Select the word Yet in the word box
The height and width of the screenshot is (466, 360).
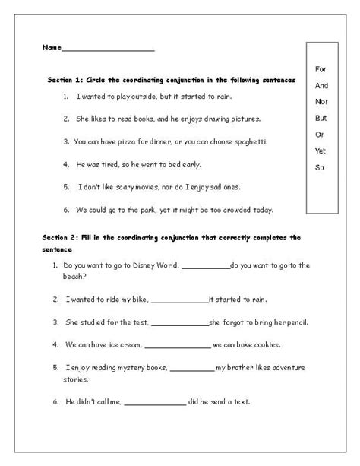(x=320, y=151)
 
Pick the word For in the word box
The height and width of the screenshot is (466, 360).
(x=320, y=70)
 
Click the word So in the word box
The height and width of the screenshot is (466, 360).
(x=319, y=167)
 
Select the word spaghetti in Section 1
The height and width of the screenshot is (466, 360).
(x=248, y=142)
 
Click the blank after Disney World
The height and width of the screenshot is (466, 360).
(x=205, y=266)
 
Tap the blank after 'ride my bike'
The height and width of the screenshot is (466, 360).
(x=181, y=300)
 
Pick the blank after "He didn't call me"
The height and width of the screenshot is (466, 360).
(x=154, y=402)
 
